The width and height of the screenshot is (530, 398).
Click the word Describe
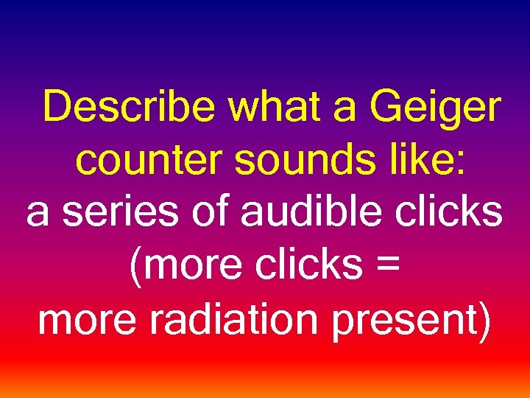tap(130, 108)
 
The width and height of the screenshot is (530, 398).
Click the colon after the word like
tap(459, 164)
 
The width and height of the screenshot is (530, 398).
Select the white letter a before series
tap(38, 215)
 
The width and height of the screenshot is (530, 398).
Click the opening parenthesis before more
tap(135, 268)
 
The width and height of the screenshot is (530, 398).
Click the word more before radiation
tap(82, 321)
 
